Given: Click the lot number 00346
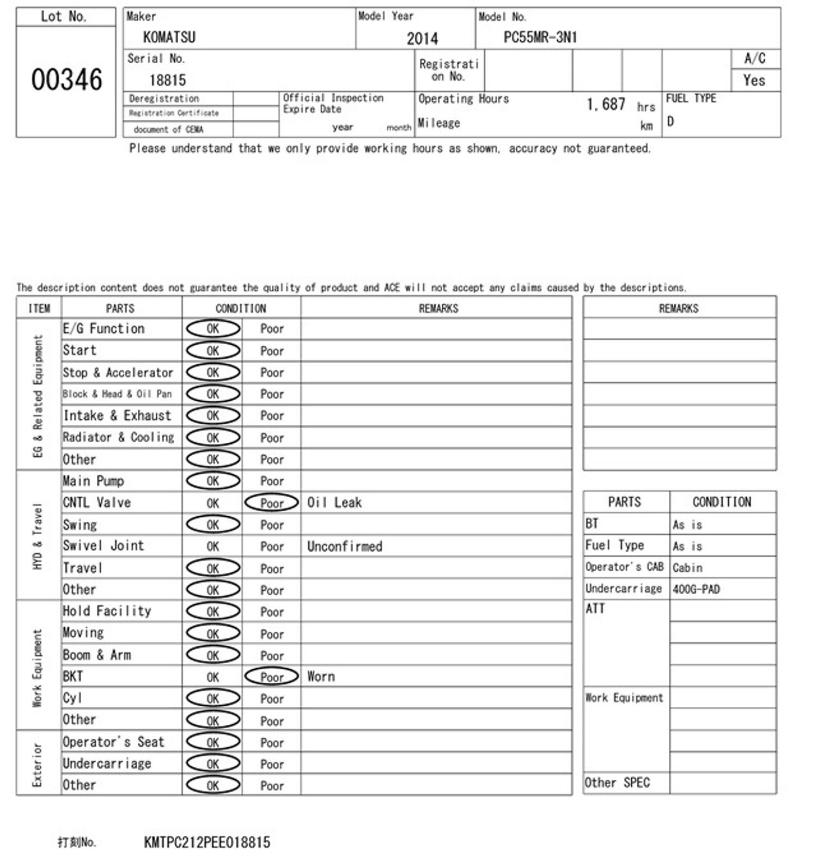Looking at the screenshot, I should click(66, 80).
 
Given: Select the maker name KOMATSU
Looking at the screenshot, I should click(169, 37).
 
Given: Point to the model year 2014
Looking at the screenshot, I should click(422, 38).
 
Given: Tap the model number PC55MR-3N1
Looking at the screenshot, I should click(540, 37).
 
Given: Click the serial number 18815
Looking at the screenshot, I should click(168, 80).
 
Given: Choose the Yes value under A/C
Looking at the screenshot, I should click(754, 81).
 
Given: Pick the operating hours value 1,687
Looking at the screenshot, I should click(606, 104).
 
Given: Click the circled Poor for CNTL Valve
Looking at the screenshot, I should click(272, 503).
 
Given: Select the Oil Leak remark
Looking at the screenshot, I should click(334, 503).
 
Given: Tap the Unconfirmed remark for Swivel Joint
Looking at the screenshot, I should click(345, 546).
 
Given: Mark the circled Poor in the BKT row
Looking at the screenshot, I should click(272, 677).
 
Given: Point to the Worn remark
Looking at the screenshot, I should click(321, 676).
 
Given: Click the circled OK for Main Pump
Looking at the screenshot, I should click(213, 481).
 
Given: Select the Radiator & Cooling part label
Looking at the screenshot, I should click(119, 437).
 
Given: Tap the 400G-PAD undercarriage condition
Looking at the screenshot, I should click(696, 589).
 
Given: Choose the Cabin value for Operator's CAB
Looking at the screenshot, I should click(687, 567).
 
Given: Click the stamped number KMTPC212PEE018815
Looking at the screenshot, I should click(207, 842).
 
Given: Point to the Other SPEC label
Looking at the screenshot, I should click(617, 783).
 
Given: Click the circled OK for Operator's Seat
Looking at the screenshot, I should click(213, 742).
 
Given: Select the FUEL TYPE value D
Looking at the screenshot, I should click(670, 121).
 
